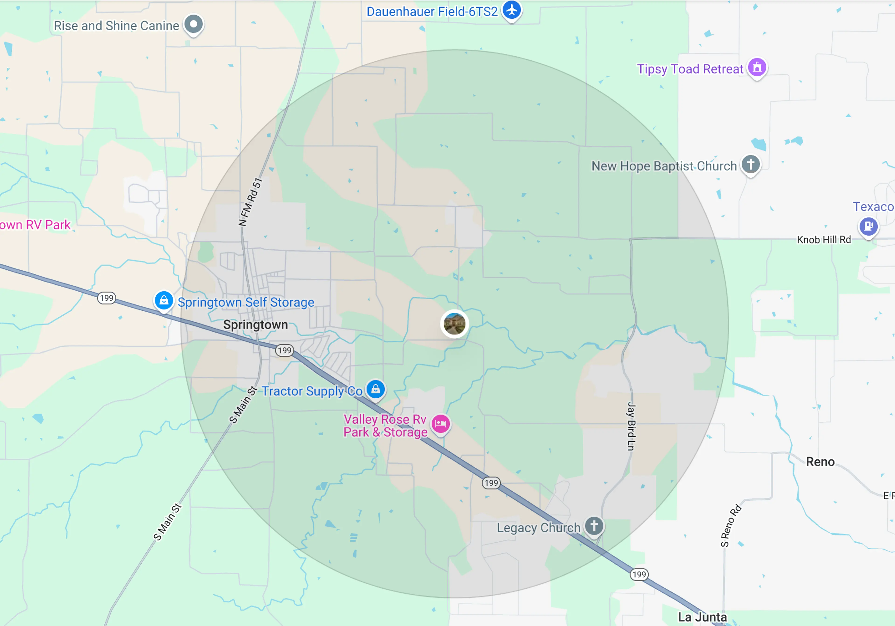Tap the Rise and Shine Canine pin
coord(194,24)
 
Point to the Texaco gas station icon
coord(868,226)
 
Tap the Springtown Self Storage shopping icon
coord(164,301)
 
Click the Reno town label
coord(820,462)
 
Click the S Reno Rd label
coord(730,526)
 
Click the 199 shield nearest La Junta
coord(639,574)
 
